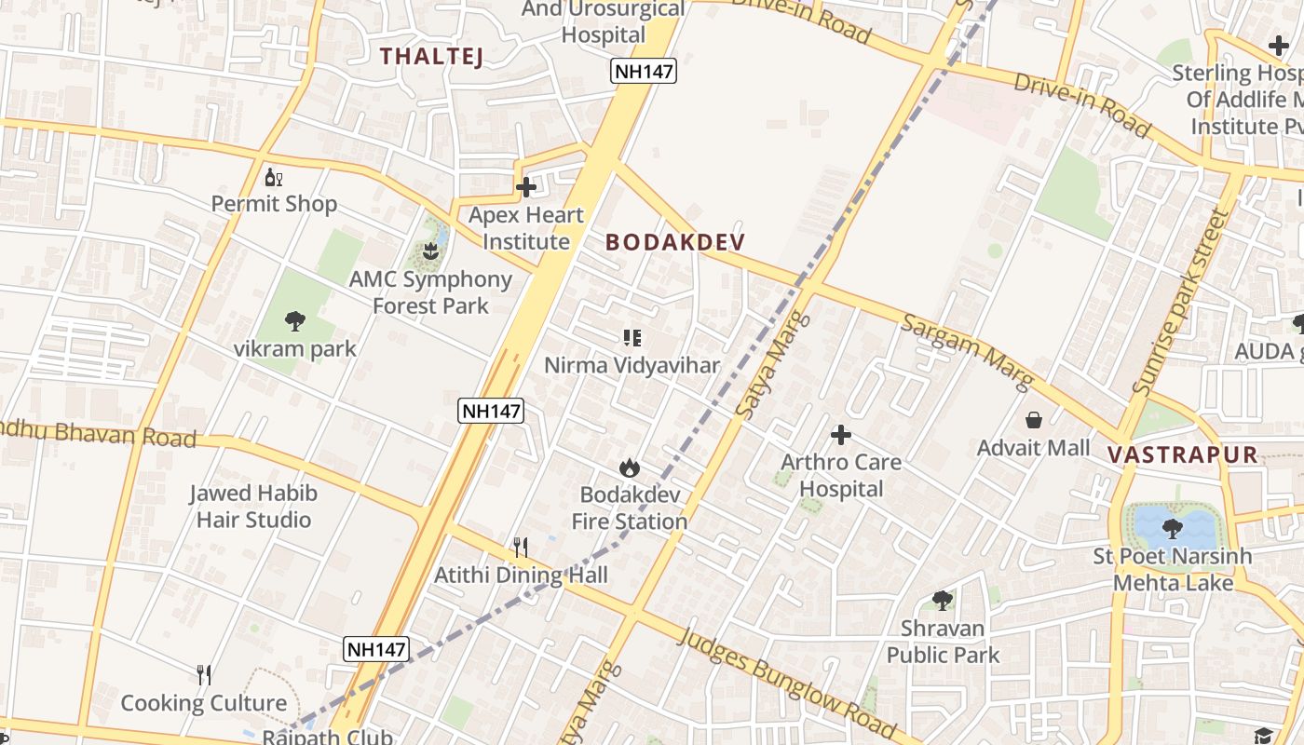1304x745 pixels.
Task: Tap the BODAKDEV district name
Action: (675, 242)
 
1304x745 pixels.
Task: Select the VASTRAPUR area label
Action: (1183, 455)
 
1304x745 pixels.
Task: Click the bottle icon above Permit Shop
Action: (273, 177)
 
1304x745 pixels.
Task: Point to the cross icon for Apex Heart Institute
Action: (526, 187)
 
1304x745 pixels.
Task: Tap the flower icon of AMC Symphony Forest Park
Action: (429, 251)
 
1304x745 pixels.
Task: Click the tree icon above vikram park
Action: (295, 321)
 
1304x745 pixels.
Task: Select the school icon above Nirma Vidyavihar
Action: (632, 338)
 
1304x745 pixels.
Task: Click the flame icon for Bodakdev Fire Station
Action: (630, 467)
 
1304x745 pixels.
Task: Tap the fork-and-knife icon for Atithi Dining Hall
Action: (521, 547)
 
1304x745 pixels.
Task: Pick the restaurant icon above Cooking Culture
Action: (204, 675)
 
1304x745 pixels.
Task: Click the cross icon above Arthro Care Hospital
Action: (841, 434)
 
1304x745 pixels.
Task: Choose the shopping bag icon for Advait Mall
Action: (1033, 420)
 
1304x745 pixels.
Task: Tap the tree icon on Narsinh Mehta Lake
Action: (1172, 529)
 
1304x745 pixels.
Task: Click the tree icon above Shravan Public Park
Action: (943, 600)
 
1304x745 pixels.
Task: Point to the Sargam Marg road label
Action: (968, 352)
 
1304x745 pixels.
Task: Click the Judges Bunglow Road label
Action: (787, 684)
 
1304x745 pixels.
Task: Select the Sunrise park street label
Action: (1181, 303)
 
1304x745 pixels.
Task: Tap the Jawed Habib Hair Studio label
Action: (253, 506)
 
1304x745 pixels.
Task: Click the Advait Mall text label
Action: (1033, 448)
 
